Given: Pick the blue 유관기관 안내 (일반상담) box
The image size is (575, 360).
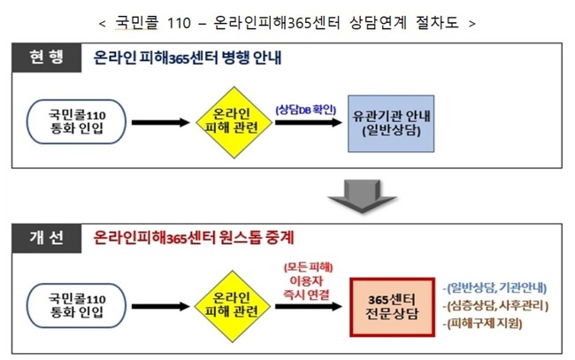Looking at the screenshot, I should tap(392, 122).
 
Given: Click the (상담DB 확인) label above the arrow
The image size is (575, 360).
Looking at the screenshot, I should tap(306, 109).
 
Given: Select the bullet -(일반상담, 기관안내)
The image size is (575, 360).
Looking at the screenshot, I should tap(496, 287).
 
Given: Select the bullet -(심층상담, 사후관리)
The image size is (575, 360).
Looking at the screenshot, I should tap(496, 306).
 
